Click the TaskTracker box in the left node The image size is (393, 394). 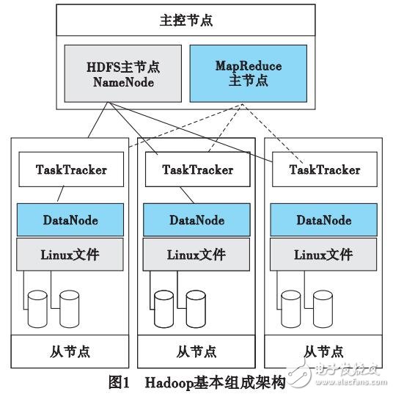tap(71, 169)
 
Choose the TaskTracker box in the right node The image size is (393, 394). tap(324, 170)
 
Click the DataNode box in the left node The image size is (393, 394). tap(71, 220)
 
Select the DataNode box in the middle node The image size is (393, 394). tap(196, 220)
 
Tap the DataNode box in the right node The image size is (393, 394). tap(324, 220)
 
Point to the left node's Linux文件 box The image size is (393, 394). tap(71, 255)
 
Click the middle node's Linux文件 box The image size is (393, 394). tap(196, 255)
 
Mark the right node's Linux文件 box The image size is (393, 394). tap(324, 255)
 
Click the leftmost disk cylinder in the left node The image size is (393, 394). tap(36, 307)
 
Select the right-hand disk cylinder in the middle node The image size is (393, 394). tap(196, 308)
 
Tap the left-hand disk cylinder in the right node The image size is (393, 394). tap(290, 307)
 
